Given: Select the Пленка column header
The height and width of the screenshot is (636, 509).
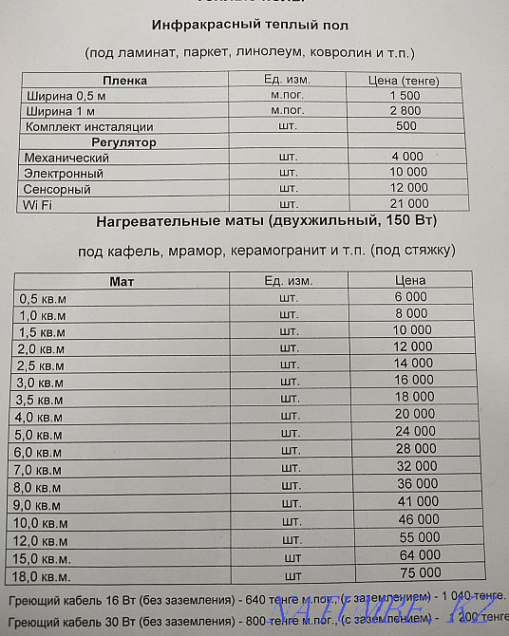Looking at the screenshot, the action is pos(125,80).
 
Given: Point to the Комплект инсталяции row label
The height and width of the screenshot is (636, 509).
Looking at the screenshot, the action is pos(89,126).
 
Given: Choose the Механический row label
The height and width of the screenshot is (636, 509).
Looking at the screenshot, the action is pos(66,157).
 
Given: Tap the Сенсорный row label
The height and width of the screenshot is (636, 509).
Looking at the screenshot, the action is pos(59,188).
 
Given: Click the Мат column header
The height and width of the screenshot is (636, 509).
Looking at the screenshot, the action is pos(123,281).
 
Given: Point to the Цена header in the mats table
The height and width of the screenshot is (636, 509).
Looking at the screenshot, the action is pos(410,280).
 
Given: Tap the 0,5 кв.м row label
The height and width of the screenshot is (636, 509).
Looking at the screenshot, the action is pos(44,297).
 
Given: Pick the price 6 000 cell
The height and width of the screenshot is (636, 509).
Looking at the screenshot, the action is pos(410,297).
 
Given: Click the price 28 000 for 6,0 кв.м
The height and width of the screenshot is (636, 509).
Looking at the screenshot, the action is pos(415,448).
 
